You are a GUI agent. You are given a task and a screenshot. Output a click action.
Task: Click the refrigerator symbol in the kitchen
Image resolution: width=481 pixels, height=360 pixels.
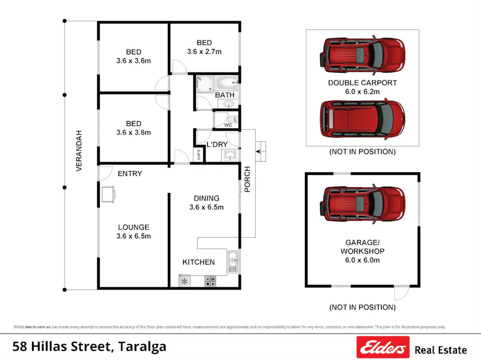185,281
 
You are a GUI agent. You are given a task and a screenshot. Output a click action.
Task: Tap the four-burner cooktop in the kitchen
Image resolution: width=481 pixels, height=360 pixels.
210,281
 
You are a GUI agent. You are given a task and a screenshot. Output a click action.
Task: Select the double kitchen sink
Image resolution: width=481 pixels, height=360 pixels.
232,261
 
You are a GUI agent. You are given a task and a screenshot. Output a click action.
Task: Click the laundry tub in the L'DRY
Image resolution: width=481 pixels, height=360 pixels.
230,156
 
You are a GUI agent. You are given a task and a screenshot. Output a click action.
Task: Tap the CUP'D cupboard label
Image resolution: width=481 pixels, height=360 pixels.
199,155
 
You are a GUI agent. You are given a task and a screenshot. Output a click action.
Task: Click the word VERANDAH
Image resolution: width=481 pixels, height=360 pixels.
79,150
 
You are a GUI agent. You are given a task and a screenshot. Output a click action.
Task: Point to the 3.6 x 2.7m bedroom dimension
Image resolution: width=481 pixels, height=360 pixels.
204,52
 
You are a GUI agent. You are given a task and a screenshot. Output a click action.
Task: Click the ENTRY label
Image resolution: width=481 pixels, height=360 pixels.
130,173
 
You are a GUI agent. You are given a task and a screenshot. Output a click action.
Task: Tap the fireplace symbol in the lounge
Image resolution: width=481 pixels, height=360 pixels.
108,194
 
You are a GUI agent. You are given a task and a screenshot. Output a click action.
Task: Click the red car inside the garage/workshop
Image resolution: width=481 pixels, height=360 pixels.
362,203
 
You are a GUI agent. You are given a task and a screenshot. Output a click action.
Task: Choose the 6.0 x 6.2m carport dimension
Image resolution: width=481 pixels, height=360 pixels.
362,92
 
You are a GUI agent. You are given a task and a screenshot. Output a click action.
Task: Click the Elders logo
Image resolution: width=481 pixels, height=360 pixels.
383,348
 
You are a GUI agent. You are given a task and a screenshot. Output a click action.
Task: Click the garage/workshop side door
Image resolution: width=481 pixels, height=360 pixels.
401,292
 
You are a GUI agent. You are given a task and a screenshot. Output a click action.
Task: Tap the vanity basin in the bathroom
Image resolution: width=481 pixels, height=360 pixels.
229,105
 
